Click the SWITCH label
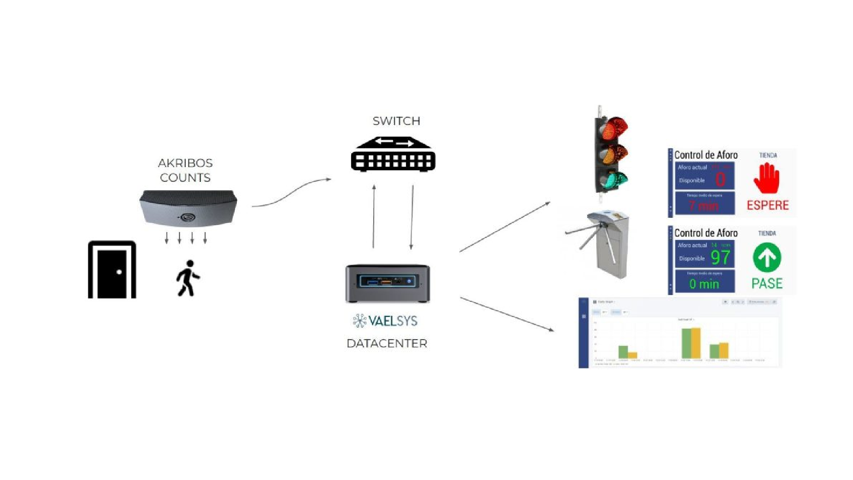point(396,121)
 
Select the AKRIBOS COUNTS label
point(185,170)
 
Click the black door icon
point(112,270)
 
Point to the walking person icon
point(188,278)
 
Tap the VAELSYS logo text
point(385,320)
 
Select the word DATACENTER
point(387,344)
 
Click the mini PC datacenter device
point(387,283)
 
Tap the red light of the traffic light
point(614,128)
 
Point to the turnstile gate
point(602,244)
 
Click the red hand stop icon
point(766,178)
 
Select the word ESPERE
point(768,205)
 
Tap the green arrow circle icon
point(767,257)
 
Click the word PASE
point(767,283)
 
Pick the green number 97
point(720,257)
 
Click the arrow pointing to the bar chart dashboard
point(507,314)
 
